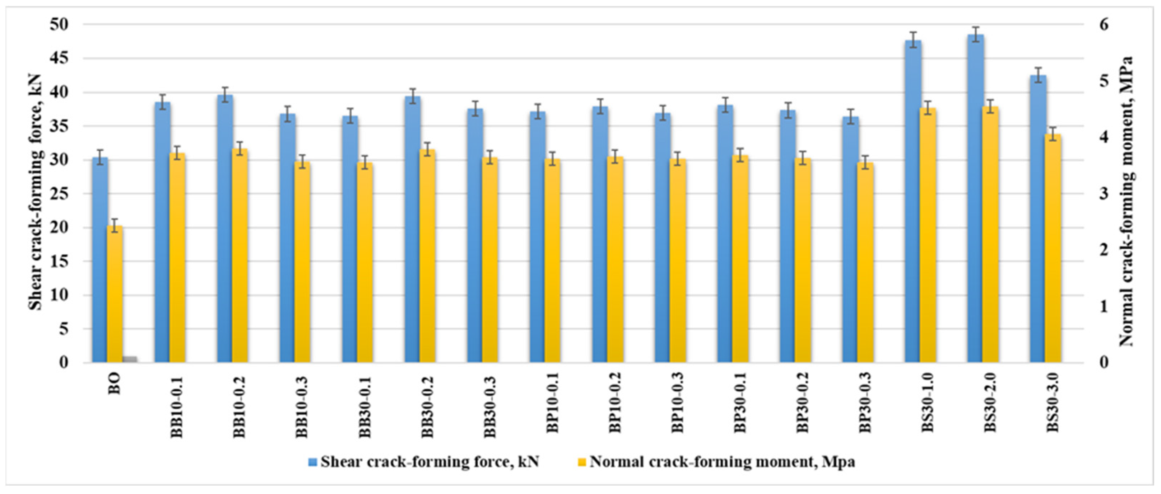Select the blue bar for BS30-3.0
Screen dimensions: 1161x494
click(1039, 218)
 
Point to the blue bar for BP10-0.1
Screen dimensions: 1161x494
click(538, 236)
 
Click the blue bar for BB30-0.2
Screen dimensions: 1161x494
click(412, 229)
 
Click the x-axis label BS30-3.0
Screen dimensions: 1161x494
click(1052, 402)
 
